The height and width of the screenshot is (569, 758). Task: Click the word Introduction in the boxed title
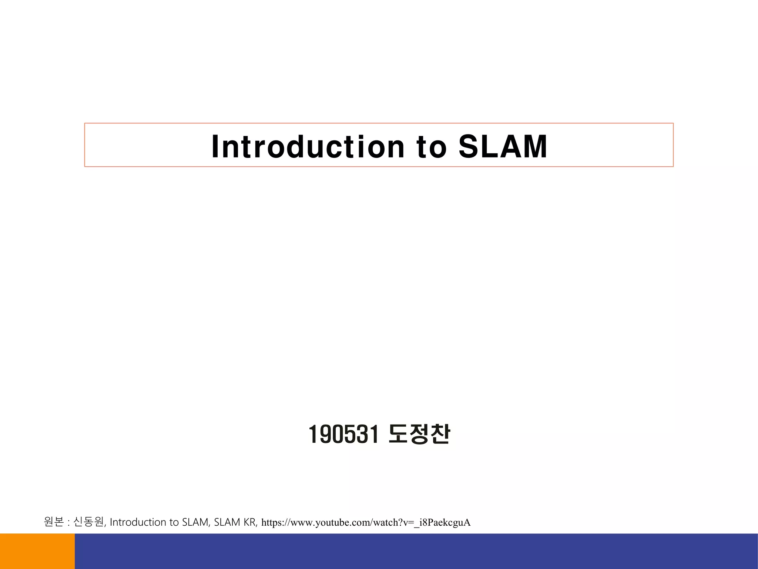pyautogui.click(x=308, y=147)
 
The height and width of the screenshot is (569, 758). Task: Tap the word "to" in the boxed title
pyautogui.click(x=432, y=147)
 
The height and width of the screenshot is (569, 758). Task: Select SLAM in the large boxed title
pyautogui.click(x=503, y=147)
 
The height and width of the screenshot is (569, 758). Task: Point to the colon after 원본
pyautogui.click(x=69, y=523)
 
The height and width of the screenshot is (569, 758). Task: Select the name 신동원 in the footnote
pyautogui.click(x=88, y=522)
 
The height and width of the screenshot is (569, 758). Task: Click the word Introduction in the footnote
pyautogui.click(x=138, y=522)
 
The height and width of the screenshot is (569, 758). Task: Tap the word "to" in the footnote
pyautogui.click(x=174, y=523)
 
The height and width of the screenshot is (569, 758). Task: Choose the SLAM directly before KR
pyautogui.click(x=227, y=522)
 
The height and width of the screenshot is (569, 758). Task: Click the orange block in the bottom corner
pyautogui.click(x=37, y=551)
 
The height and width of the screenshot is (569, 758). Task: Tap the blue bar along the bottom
pyautogui.click(x=416, y=551)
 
